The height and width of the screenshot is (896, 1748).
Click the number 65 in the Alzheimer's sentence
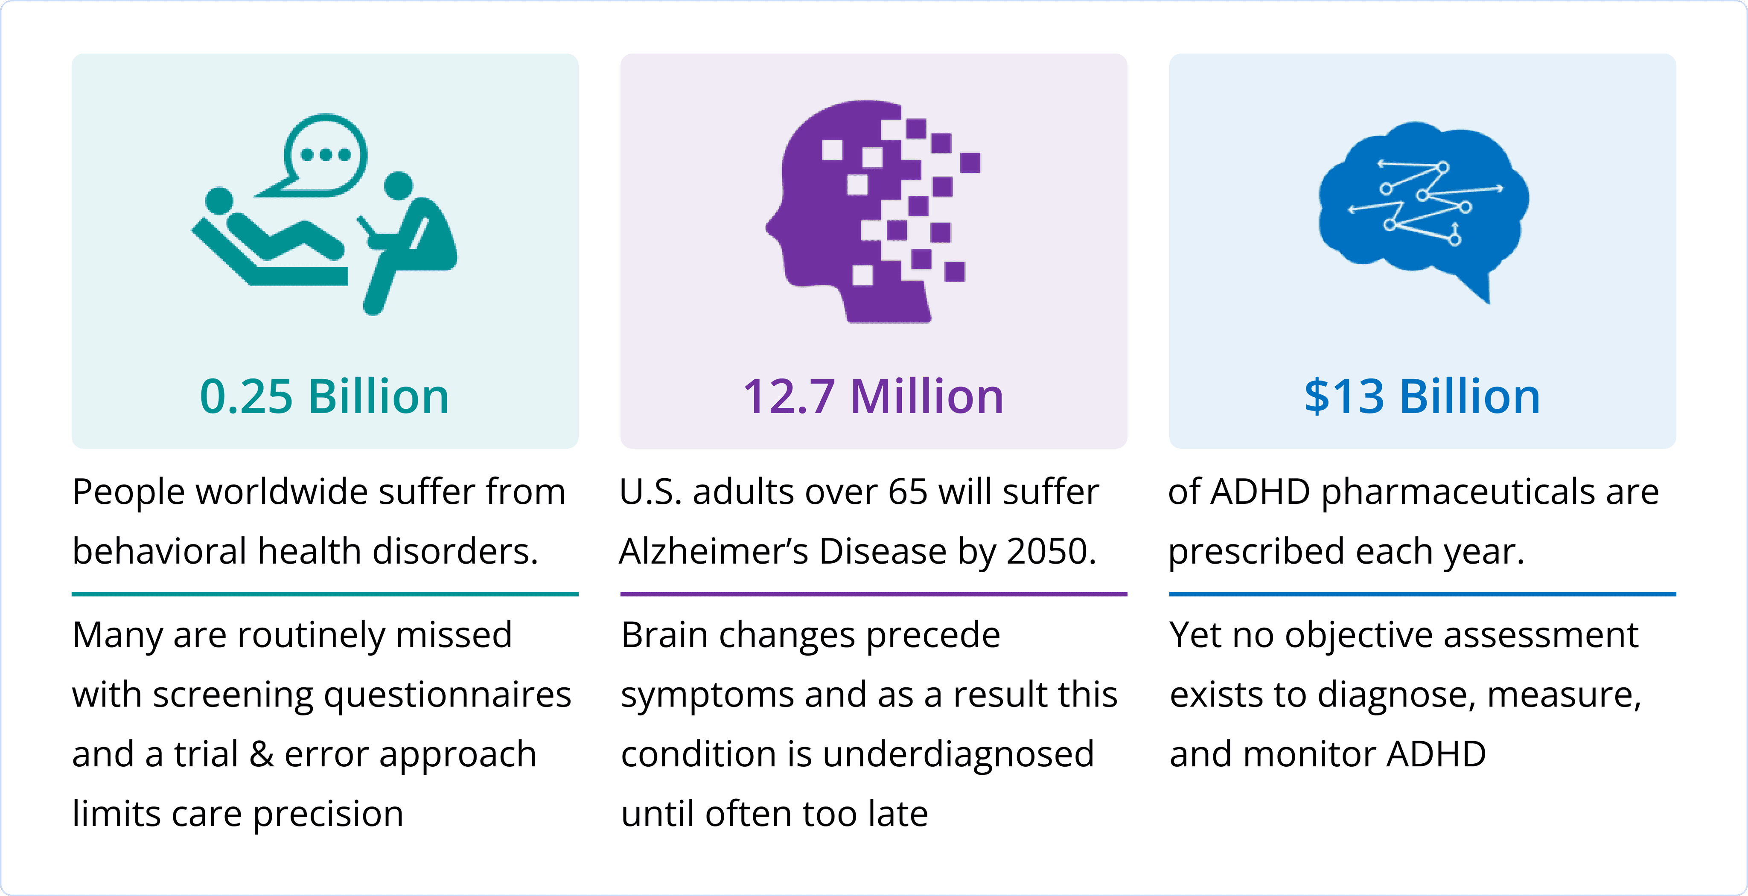tap(908, 492)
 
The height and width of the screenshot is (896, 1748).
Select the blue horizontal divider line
tap(1422, 594)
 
